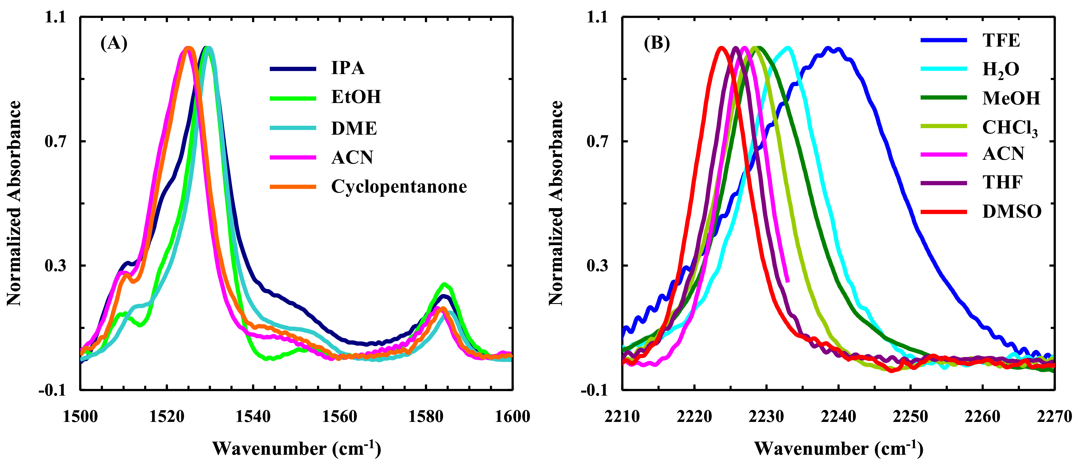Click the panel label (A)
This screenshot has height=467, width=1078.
tap(114, 43)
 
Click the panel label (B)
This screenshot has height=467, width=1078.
tap(656, 43)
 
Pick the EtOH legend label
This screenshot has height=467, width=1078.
tap(356, 97)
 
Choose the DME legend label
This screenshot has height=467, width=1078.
tap(354, 128)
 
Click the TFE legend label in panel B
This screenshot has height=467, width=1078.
tap(1001, 41)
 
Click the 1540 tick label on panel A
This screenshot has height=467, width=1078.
tap(253, 417)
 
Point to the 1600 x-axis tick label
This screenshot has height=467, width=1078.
tap(512, 417)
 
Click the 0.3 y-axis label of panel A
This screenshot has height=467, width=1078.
tap(55, 265)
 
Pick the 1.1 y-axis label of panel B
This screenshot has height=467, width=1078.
tap(597, 17)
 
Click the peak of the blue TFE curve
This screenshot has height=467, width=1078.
tap(828, 48)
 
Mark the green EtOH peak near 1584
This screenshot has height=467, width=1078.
tap(445, 284)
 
